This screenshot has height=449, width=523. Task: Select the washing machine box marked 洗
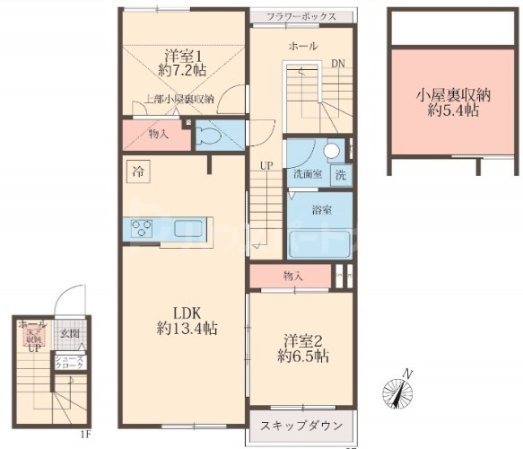pyautogui.click(x=341, y=175)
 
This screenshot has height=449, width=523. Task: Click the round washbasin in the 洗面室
pyautogui.click(x=332, y=151)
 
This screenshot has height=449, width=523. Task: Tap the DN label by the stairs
pyautogui.click(x=337, y=65)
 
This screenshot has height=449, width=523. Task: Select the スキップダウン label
pyautogui.click(x=301, y=422)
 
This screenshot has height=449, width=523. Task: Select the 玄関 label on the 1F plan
pyautogui.click(x=70, y=335)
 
